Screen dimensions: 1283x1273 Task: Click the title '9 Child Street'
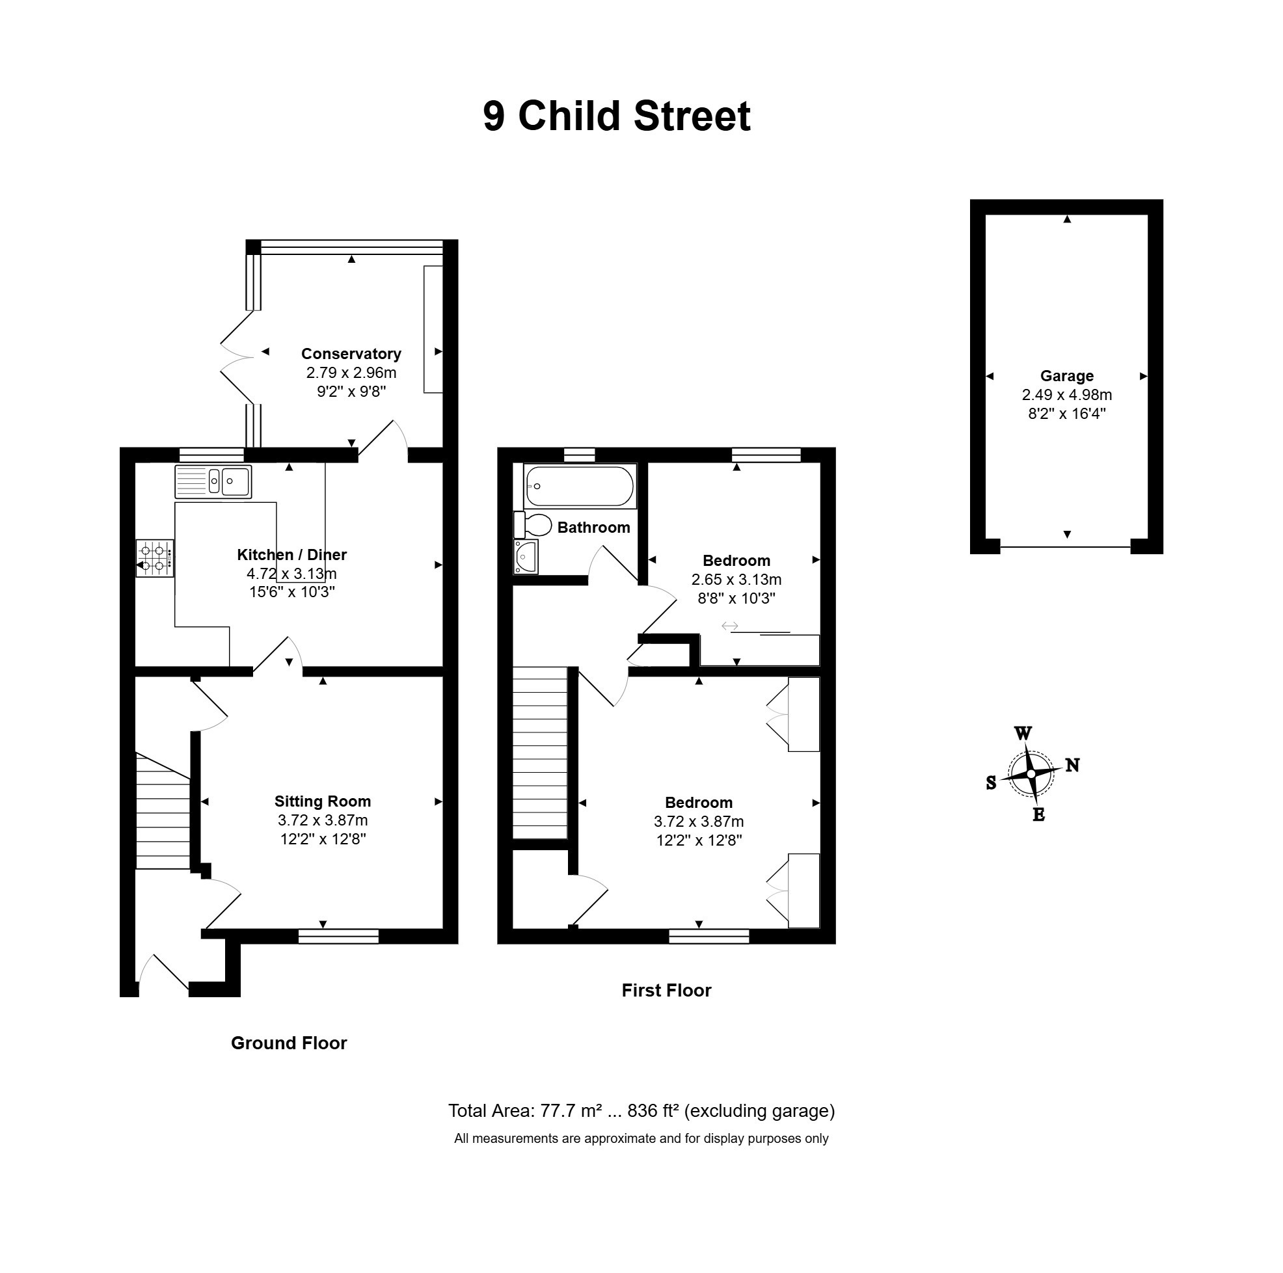617,116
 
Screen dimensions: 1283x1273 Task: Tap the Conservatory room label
351,354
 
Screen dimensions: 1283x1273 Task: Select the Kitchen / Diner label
292,555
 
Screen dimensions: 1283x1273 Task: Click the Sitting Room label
323,801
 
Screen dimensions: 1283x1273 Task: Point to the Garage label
1067,376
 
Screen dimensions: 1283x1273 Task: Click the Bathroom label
594,528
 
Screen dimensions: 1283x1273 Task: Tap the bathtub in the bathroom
580,486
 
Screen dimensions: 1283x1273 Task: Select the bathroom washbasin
526,556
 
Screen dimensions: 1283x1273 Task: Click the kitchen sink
213,482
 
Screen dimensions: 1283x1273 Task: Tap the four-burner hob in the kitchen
155,559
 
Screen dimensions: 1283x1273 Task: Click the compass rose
1031,774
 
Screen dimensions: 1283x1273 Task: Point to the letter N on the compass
1072,766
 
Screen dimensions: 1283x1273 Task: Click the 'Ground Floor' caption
289,1043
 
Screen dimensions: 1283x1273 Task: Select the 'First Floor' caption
667,991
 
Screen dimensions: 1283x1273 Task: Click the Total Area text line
641,1111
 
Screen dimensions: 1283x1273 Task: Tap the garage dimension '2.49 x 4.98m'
1067,395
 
